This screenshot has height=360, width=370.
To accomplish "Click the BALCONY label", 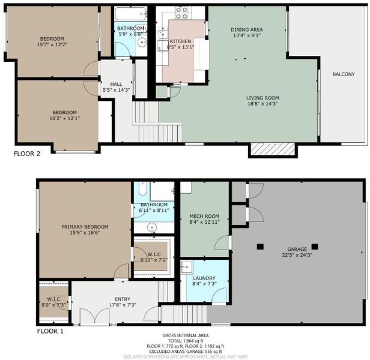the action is coord(344,74).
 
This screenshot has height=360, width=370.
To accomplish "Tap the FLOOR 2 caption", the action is coord(27,154).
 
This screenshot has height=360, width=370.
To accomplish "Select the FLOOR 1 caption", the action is coord(50,331).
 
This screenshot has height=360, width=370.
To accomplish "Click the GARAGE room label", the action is coord(297,249).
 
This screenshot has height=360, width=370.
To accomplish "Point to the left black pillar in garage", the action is coord(260,247).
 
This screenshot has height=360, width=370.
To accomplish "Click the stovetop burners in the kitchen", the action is coord(181,13).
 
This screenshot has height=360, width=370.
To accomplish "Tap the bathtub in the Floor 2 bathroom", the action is coord(130,14).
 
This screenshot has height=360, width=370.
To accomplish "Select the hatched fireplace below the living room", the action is coord(273,149).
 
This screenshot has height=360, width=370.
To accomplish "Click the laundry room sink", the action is coord(186,267).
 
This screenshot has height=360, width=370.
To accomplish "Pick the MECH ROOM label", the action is coord(204,216).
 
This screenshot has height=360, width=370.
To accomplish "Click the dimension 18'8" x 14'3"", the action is coord(262,104).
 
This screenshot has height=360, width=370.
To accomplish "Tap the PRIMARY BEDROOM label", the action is coord(85,227).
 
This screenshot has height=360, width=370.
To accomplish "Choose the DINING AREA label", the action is coord(247,30).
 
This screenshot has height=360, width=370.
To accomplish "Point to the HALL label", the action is coord(116,84).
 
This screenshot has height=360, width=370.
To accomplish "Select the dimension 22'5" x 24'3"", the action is coord(297,255).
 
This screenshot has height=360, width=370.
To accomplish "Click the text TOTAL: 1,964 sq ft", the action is coord(186,341).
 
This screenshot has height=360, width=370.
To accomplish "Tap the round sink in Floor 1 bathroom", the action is coord(152,228).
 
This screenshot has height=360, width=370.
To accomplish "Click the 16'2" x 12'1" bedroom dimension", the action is coord(64,118).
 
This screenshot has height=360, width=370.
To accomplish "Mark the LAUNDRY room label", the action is coord(204,278).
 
